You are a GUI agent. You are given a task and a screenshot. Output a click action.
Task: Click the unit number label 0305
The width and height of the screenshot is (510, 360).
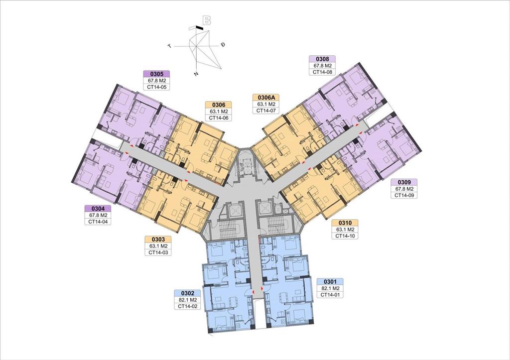coord(157,74)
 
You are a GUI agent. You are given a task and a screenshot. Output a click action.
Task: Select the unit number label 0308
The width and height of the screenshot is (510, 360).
coord(322,59)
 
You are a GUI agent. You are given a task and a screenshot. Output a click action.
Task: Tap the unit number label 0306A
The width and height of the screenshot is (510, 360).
coord(266,98)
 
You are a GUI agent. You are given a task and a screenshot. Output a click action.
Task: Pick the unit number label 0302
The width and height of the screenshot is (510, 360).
coord(187,293)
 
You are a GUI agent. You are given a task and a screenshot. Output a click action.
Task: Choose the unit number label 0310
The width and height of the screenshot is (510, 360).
coord(345,223)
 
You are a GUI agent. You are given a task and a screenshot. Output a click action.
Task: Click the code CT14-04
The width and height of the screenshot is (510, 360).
coord(98,222)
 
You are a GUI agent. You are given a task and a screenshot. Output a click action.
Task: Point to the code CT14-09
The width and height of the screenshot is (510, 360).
coord(404,195)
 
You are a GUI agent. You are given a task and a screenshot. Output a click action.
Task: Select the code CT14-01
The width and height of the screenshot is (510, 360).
coord(330,295)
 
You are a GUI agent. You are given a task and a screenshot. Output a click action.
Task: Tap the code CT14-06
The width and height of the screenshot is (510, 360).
coord(218,118)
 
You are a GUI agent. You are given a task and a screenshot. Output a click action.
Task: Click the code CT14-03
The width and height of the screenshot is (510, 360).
coord(158,252)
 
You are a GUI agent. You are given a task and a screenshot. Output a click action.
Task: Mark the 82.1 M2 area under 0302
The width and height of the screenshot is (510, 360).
coord(187,300)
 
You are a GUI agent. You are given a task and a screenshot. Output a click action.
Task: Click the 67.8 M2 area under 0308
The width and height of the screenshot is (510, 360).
coord(322,66)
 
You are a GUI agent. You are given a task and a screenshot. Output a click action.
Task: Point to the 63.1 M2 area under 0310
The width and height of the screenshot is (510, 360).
coord(345,230)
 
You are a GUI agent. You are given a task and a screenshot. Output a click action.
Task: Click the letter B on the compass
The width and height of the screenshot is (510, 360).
coord(207,21)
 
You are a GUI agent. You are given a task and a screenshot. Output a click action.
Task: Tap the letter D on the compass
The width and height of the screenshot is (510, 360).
coord(223,44)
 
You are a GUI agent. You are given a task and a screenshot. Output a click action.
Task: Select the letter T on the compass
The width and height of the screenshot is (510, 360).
coord(169,46)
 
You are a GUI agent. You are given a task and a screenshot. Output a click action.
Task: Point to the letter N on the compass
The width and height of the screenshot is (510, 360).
coord(196,74)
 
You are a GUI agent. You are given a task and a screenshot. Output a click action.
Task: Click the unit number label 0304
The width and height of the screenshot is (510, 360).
coord(98,209)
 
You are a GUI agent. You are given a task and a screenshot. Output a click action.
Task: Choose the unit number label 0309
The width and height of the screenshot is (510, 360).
coord(404,182)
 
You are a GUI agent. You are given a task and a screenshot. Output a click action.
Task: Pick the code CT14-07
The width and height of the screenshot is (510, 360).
coord(266,111)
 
